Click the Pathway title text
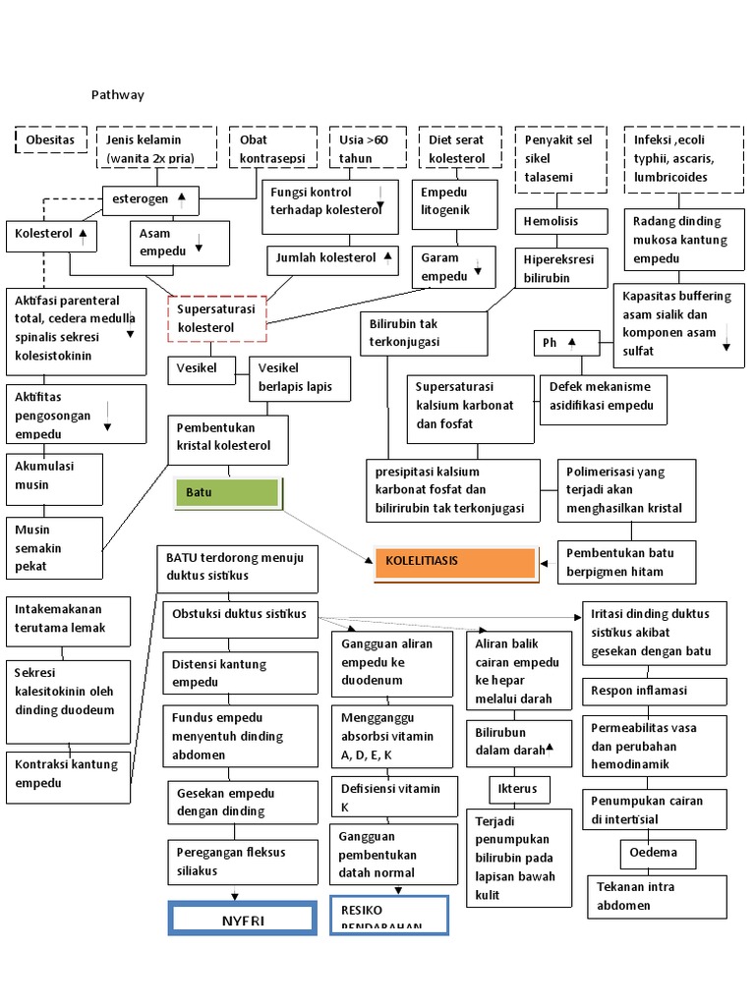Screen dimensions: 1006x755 117,95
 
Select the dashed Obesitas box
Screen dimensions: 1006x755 51,140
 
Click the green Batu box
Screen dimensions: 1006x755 227,492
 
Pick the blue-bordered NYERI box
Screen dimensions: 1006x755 242,919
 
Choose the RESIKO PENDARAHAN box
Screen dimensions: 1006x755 389,915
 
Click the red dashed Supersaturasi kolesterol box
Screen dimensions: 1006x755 216,317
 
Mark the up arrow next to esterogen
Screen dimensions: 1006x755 182,197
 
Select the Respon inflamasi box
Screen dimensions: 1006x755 653,691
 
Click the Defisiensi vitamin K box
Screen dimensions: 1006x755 390,797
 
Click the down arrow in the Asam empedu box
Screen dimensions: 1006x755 199,247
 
